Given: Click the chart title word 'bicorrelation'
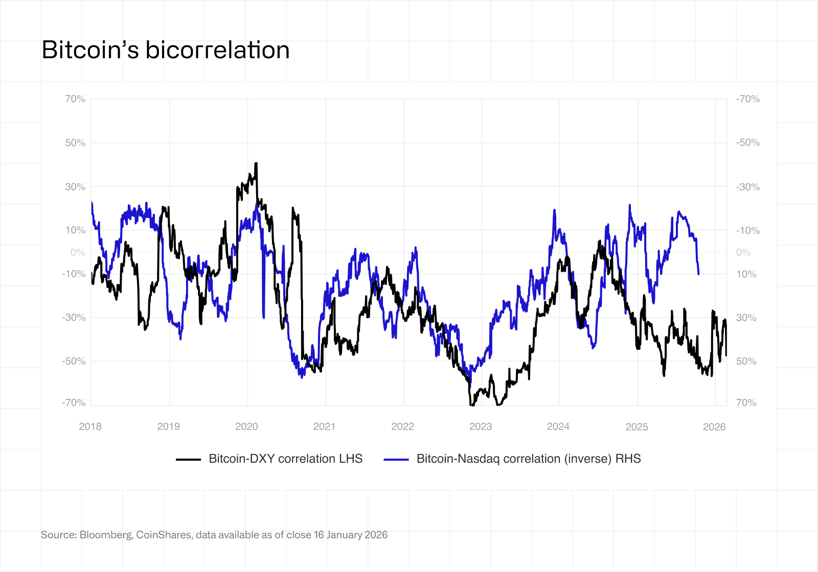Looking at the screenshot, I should click(217, 50).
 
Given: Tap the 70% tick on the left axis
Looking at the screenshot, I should click(75, 99).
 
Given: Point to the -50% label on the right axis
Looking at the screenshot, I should click(747, 142).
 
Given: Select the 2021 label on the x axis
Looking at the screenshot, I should click(324, 426).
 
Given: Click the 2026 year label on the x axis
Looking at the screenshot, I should click(714, 426).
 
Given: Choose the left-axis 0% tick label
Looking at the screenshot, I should click(78, 252).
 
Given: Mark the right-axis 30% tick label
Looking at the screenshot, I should click(746, 318).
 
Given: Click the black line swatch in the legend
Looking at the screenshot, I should click(188, 459).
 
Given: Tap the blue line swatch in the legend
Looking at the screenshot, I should click(396, 459).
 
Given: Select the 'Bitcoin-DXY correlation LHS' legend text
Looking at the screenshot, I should click(285, 459).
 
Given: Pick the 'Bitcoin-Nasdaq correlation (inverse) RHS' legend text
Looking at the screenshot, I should click(528, 459).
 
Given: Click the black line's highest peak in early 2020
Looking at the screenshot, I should click(256, 164).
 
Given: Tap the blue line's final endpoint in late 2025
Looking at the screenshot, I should click(698, 274).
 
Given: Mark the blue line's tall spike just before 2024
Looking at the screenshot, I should click(554, 210).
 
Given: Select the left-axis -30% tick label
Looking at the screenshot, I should click(74, 317).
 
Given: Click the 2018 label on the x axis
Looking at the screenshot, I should click(90, 426).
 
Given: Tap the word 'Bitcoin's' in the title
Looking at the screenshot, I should click(90, 50).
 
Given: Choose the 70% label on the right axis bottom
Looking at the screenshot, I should click(746, 402).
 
